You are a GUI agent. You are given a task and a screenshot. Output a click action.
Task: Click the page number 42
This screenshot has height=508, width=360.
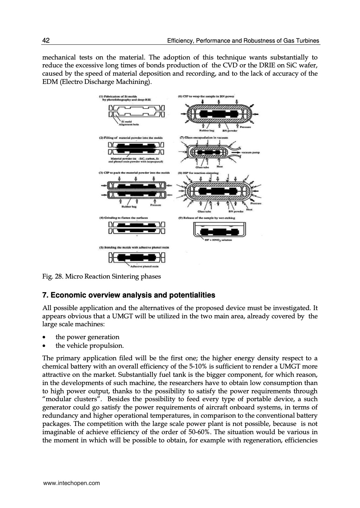(x=46, y=41)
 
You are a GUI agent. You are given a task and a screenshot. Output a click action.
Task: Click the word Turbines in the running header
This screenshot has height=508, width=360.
(x=307, y=41)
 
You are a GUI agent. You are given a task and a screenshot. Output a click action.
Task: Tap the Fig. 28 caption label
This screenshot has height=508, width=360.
(x=52, y=276)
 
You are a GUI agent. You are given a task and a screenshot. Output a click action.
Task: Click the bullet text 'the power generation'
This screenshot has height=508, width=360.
(x=87, y=337)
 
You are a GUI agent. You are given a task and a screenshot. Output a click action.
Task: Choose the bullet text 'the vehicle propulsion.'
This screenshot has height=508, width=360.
(x=89, y=346)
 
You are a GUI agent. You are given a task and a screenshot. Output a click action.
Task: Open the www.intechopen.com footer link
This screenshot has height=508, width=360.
(x=71, y=483)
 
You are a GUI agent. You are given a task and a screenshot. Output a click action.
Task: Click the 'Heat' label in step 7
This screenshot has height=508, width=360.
(x=219, y=167)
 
